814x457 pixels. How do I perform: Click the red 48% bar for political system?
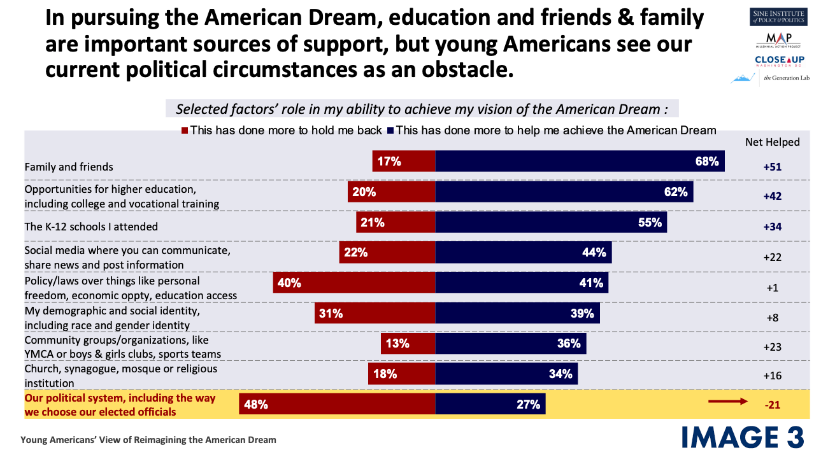pos(337,404)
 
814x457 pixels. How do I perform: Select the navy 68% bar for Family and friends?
pos(580,161)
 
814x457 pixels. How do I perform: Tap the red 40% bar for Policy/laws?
pos(354,282)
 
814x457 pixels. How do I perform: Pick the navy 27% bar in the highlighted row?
pos(490,404)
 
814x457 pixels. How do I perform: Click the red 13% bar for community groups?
pos(408,343)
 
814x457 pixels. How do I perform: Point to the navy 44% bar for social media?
pos(524,252)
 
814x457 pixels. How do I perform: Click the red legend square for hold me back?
pos(185,130)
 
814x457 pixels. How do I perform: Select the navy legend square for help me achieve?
pos(390,130)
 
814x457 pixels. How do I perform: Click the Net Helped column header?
pos(772,142)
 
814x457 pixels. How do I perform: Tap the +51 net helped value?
pos(772,167)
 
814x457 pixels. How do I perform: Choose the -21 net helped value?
pos(772,405)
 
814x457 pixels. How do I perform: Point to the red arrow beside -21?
pos(728,402)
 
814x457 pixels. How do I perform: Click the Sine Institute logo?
pos(777,17)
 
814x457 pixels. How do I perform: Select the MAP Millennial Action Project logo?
pos(778,40)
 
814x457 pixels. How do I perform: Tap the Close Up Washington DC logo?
pos(780,60)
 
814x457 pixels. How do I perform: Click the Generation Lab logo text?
pos(787,78)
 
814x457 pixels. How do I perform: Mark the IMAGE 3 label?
pos(743,437)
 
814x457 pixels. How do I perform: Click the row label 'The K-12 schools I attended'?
pos(91,227)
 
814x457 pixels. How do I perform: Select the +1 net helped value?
pos(772,288)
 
